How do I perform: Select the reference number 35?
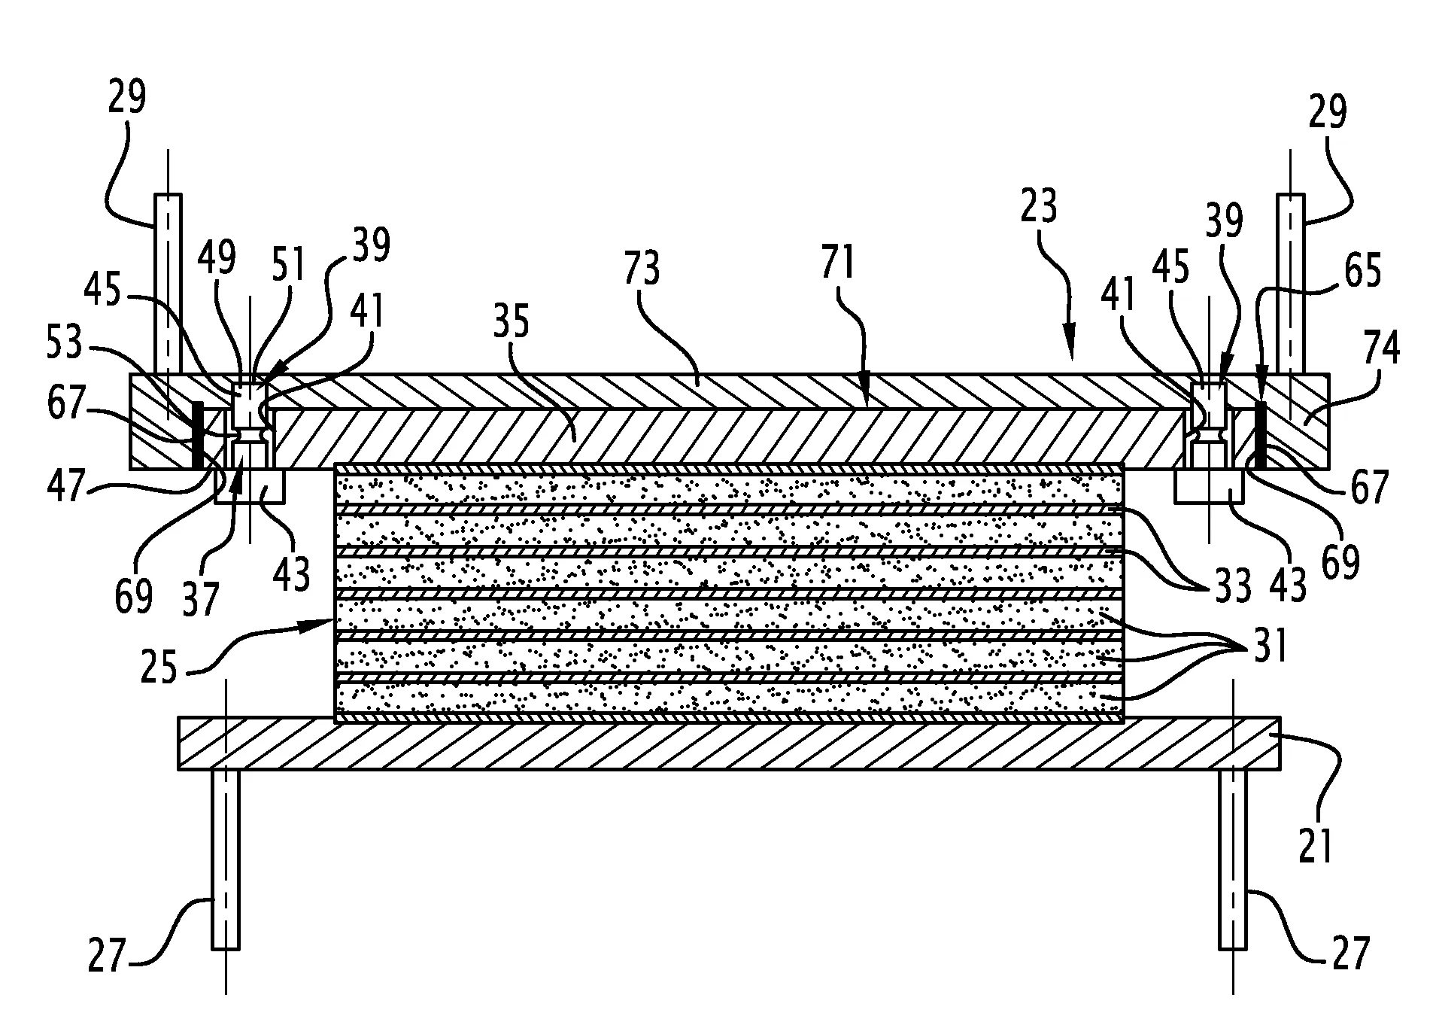(512, 321)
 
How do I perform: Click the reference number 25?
(159, 666)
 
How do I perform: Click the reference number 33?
(1233, 585)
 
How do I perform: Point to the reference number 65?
(1363, 271)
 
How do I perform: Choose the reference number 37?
(200, 600)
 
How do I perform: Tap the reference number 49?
(217, 259)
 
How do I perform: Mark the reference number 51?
(289, 264)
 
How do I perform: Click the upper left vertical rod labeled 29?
(168, 284)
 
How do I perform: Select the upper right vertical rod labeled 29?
(1291, 284)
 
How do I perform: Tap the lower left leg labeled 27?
(226, 859)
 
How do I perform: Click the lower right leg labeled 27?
(1232, 859)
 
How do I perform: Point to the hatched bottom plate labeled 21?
(729, 743)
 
